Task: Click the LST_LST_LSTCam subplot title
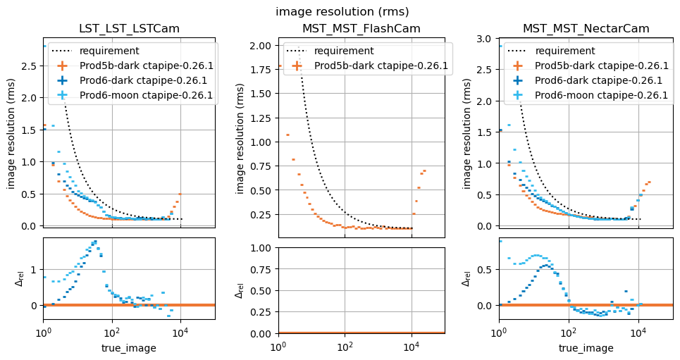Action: coord(129,29)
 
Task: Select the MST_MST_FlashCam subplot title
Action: coord(361,29)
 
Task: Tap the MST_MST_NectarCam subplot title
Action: coord(586,29)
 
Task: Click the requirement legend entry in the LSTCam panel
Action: coord(109,51)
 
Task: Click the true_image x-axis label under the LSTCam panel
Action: coord(129,348)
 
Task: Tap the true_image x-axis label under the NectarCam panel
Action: coord(586,348)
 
